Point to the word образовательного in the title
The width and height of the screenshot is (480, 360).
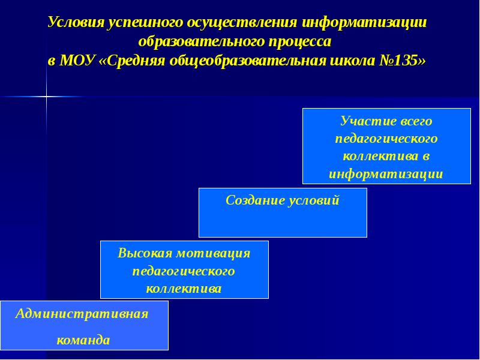pos(192,42)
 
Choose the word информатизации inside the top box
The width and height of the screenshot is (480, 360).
pos(386,175)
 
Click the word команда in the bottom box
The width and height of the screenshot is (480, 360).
pos(83,340)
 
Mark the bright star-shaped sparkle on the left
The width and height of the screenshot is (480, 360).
pos(46,96)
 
